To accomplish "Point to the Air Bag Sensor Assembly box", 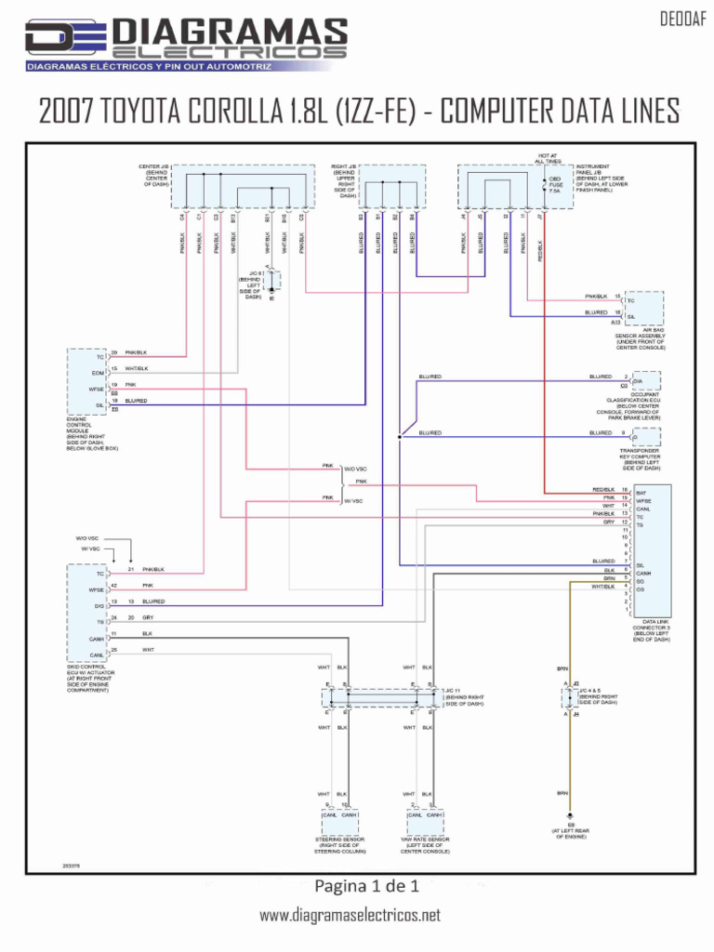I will coord(644,307).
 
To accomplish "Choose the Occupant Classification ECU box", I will coord(645,380).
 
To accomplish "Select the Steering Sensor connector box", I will coord(339,821).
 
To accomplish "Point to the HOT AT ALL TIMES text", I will coord(549,158).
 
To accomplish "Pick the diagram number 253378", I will coord(71,865).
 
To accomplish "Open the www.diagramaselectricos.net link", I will coord(350,915).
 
